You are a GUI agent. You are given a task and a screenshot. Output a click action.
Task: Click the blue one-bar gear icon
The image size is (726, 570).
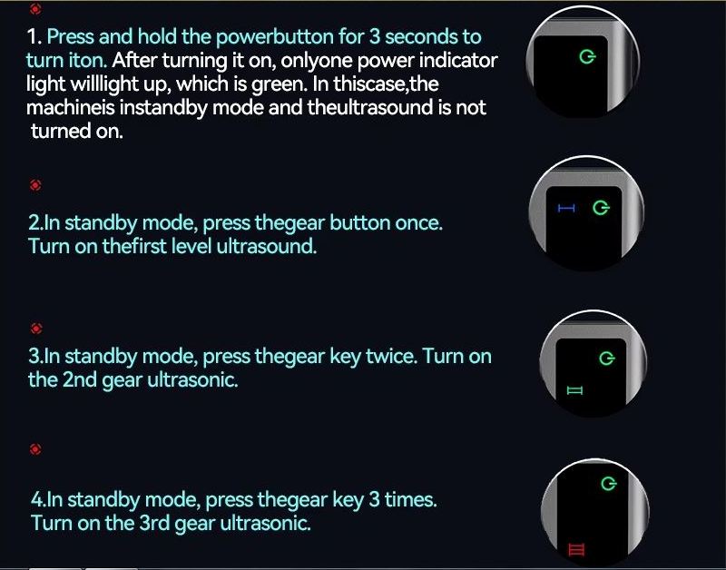566,209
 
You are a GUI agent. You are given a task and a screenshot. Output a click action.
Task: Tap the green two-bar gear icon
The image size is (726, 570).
574,391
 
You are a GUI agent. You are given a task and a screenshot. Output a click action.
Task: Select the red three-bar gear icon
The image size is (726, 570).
576,550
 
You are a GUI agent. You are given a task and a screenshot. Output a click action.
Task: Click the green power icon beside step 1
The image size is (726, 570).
587,57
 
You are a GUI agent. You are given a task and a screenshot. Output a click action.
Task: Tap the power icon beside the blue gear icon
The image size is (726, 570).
601,208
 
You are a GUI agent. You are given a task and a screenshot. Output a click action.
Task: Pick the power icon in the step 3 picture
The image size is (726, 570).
606,359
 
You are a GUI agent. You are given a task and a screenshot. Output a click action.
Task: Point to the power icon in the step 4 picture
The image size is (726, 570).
608,484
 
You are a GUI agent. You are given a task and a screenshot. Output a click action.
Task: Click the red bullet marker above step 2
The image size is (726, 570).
35,185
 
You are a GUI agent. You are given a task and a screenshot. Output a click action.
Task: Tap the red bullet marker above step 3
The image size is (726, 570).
36,329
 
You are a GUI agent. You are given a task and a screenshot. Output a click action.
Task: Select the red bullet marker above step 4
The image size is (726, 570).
35,448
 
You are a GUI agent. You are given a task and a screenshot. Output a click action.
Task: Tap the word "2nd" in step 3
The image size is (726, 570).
79,379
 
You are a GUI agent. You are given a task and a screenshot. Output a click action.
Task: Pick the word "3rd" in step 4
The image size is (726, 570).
156,523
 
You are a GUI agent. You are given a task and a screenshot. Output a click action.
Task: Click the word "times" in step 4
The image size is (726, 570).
411,499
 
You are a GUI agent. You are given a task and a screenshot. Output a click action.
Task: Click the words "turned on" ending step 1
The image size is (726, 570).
77,131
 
